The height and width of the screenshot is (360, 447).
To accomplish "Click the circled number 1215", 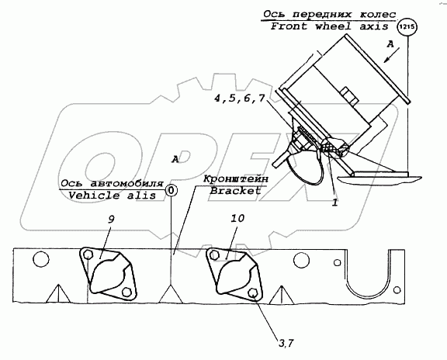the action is pyautogui.click(x=407, y=27).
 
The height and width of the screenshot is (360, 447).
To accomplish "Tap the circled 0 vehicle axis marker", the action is pyautogui.click(x=172, y=190).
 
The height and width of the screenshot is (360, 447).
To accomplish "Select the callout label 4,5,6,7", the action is pyautogui.click(x=240, y=99).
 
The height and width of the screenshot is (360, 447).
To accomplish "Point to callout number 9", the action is pyautogui.click(x=111, y=220).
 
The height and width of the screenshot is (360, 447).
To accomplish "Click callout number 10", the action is pyautogui.click(x=237, y=219).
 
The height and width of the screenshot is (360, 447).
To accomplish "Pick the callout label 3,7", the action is pyautogui.click(x=286, y=344).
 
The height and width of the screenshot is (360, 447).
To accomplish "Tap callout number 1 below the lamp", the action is pyautogui.click(x=334, y=202).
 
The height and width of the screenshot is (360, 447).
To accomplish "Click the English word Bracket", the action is pyautogui.click(x=235, y=191).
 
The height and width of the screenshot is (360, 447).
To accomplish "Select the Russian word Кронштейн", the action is pyautogui.click(x=236, y=179).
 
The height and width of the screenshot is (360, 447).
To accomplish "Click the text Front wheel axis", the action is pyautogui.click(x=329, y=26).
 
